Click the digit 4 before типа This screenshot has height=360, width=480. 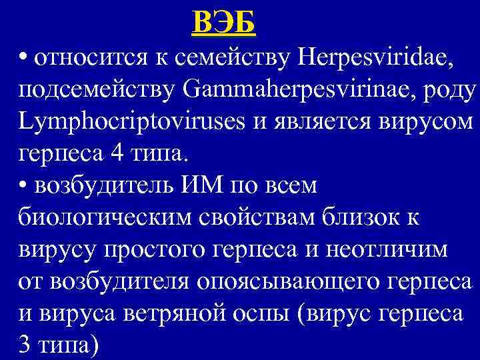110,154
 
